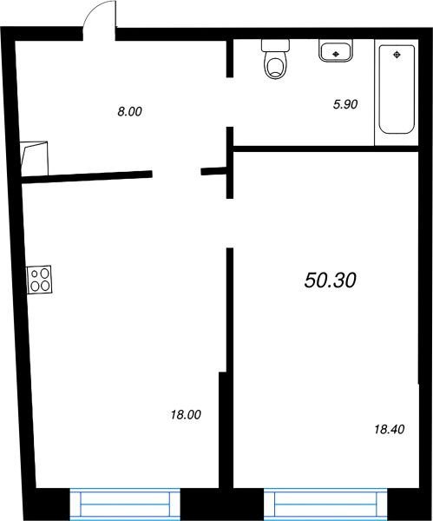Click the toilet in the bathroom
coord(275,59)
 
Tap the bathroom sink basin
coord(335,50)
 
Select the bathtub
coord(397,89)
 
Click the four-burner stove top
coord(40,280)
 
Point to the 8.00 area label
coord(129,111)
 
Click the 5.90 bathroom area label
coord(345,104)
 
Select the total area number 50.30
coord(330,280)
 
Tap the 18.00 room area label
coord(186,415)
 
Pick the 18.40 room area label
coord(389,429)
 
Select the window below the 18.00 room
coord(125,504)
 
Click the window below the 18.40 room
coord(325,504)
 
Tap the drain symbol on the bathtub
coord(397,55)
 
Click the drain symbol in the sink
coord(335,53)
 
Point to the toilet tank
coord(275,45)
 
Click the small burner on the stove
coord(35,274)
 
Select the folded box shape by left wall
coord(35,159)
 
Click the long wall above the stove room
coord(87,176)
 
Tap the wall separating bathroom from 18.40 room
coord(325,148)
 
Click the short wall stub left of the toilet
coord(229,58)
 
